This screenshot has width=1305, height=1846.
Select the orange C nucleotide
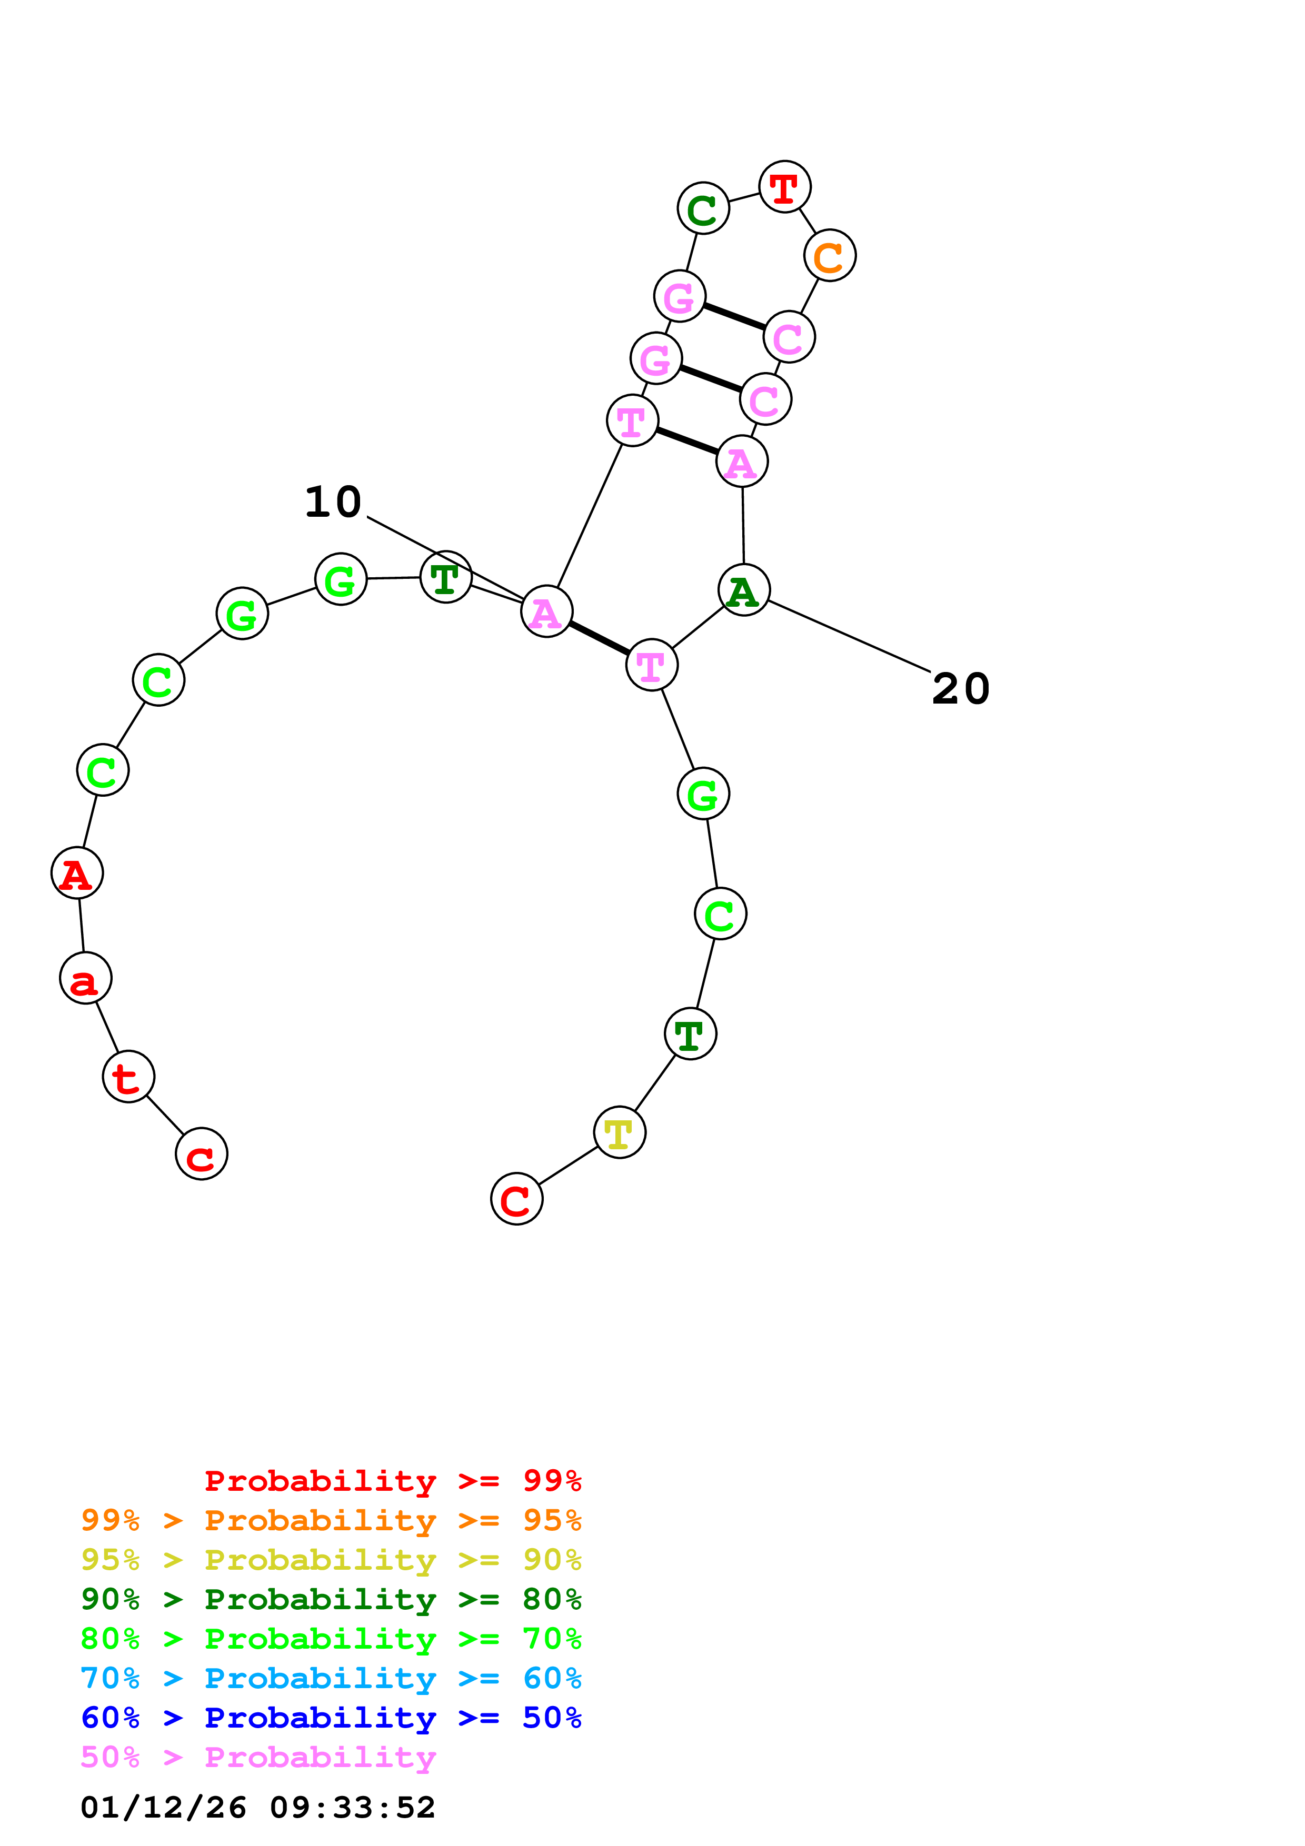pyautogui.click(x=829, y=256)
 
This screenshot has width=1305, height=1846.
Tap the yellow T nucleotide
pyautogui.click(x=619, y=1133)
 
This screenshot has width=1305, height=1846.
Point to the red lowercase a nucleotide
pyautogui.click(x=85, y=979)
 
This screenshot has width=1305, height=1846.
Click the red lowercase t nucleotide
pyautogui.click(x=128, y=1077)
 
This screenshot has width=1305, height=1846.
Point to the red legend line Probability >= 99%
pyautogui.click(x=392, y=1481)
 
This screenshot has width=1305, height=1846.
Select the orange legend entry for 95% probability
pyautogui.click(x=331, y=1520)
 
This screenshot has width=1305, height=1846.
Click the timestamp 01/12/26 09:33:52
pyautogui.click(x=257, y=1808)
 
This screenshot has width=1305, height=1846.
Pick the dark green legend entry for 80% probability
pyautogui.click(x=331, y=1599)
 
